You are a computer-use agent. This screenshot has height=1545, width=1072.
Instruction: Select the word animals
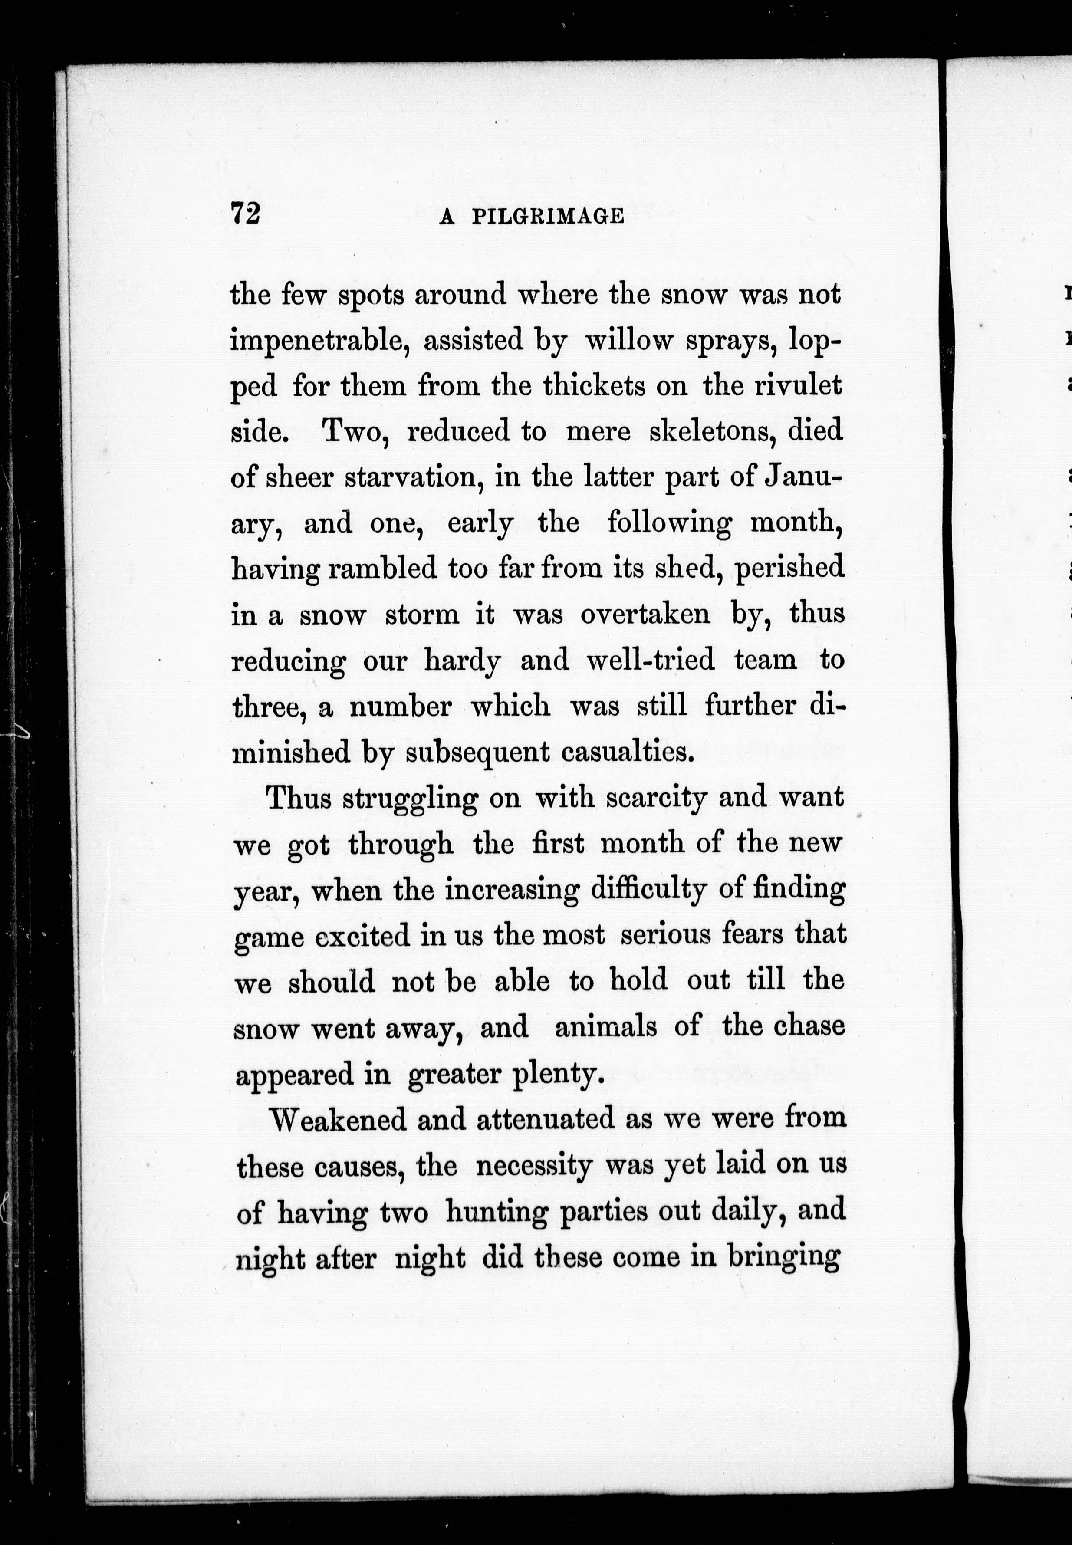[x=606, y=1027]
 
